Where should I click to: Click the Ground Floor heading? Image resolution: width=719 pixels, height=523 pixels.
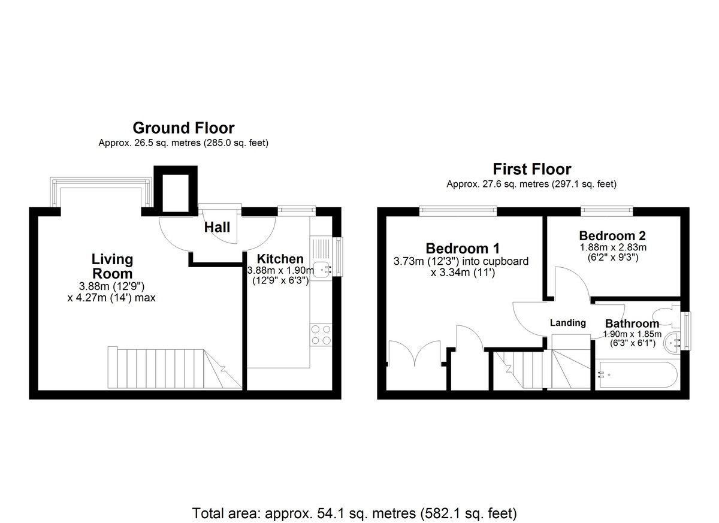[x=183, y=128]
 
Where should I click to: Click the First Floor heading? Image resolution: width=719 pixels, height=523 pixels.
[x=531, y=169]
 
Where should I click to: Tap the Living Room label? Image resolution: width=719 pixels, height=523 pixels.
[x=112, y=265]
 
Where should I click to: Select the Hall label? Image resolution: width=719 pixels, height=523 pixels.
[x=217, y=227]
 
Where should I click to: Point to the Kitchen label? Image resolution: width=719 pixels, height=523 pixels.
[x=280, y=259]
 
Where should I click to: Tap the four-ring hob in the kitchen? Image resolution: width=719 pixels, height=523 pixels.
[x=321, y=334]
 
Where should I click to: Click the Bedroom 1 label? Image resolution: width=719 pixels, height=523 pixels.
[x=462, y=248]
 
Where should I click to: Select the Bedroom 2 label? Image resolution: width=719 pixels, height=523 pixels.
[x=612, y=235]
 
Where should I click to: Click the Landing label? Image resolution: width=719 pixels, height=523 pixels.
[x=568, y=323]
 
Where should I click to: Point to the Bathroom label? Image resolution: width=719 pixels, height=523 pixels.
[x=632, y=324]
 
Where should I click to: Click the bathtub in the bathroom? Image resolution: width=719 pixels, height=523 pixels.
[x=637, y=376]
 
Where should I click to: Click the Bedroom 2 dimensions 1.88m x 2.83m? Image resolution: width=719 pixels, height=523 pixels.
[x=612, y=247]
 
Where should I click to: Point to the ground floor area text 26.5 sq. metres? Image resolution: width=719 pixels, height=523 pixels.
[x=183, y=143]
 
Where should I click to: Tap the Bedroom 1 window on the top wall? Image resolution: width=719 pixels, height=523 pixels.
[x=458, y=210]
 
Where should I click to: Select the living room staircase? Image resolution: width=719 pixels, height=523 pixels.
[x=168, y=367]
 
